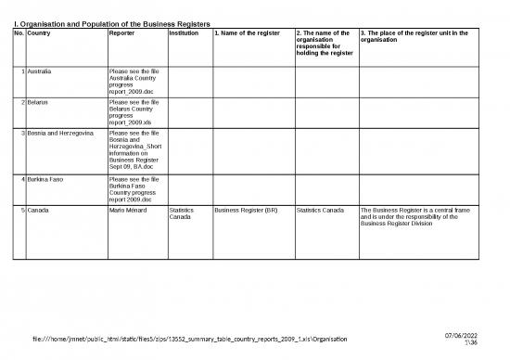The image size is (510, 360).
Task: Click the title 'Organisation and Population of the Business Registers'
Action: coord(111,21)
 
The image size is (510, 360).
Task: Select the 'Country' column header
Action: coord(39,33)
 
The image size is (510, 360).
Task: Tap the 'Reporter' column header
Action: coord(123,33)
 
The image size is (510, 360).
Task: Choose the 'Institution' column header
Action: coord(184,33)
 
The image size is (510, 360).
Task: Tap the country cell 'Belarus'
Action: coord(42,103)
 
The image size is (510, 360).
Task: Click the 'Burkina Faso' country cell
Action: coord(49,178)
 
